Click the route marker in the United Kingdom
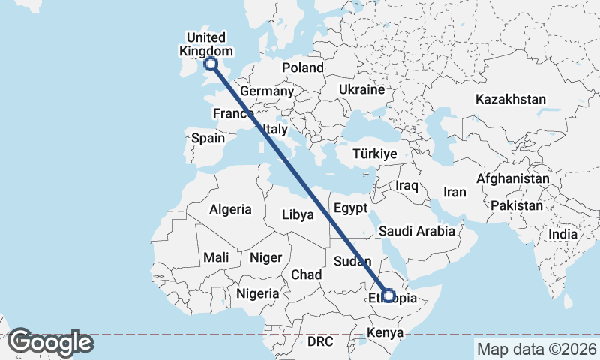tap(211, 65)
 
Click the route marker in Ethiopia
tap(388, 294)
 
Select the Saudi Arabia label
tap(417, 231)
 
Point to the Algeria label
tap(231, 210)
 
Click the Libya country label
tap(298, 215)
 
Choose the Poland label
tap(303, 68)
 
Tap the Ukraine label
tap(361, 89)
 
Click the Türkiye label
tap(375, 154)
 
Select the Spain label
tap(208, 138)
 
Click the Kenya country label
tap(385, 332)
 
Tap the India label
tap(563, 234)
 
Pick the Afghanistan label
tap(513, 180)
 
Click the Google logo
tap(50, 342)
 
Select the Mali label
tap(216, 257)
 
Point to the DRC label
tap(319, 341)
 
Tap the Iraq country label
tap(406, 185)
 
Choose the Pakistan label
tap(517, 205)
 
